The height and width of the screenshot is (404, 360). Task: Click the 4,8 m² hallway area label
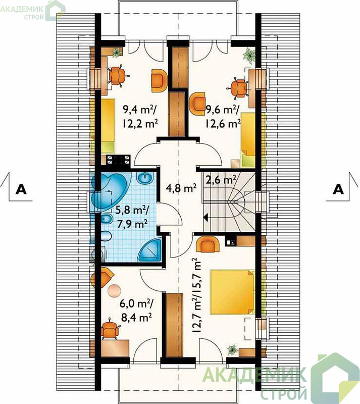[x=181, y=188]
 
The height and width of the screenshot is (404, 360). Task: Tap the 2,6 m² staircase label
[x=221, y=179]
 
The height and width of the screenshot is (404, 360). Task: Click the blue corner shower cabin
[x=150, y=250]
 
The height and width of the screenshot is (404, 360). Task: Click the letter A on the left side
[x=21, y=189]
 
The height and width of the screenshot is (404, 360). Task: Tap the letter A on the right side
[x=338, y=189]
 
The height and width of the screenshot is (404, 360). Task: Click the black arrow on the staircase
[x=206, y=217]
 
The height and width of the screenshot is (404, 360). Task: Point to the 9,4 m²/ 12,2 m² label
[x=140, y=117]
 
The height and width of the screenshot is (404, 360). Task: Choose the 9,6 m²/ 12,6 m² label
[x=223, y=117]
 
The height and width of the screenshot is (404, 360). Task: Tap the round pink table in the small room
[x=114, y=290]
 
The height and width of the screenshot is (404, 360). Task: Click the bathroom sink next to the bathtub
[x=145, y=178]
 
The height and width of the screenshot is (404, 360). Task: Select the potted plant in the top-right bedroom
[x=249, y=55]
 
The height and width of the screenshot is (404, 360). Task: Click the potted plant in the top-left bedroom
[x=117, y=53]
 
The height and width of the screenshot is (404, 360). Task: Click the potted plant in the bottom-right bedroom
[x=233, y=349]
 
